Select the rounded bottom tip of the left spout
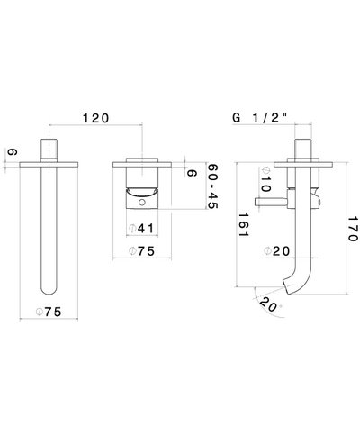click(49, 289)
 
